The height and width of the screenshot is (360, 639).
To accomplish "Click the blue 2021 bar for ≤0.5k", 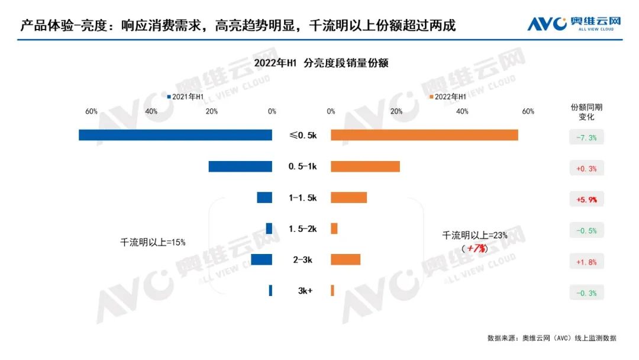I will [175, 135].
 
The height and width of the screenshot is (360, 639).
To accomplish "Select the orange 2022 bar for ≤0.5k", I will [424, 135].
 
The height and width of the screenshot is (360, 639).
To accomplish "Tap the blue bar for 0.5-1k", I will [240, 166].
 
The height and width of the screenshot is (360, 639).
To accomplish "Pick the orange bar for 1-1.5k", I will [348, 198].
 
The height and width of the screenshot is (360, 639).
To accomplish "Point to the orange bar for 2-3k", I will [346, 259].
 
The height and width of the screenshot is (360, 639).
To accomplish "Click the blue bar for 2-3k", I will [262, 259].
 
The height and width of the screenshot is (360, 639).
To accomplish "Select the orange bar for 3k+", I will [333, 290].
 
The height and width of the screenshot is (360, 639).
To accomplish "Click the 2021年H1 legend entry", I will [186, 97].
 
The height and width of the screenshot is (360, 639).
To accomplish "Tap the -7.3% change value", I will [586, 138].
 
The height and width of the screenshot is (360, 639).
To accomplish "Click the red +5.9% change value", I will [586, 200].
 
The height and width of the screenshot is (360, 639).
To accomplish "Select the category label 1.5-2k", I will [302, 229].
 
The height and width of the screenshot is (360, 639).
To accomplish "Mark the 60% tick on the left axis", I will [91, 111].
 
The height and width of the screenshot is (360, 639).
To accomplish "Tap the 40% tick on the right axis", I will [462, 111].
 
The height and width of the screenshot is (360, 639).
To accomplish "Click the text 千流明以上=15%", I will [153, 242].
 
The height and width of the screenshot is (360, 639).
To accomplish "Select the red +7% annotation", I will [477, 249].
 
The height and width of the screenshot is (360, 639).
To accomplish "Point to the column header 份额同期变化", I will [586, 112].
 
